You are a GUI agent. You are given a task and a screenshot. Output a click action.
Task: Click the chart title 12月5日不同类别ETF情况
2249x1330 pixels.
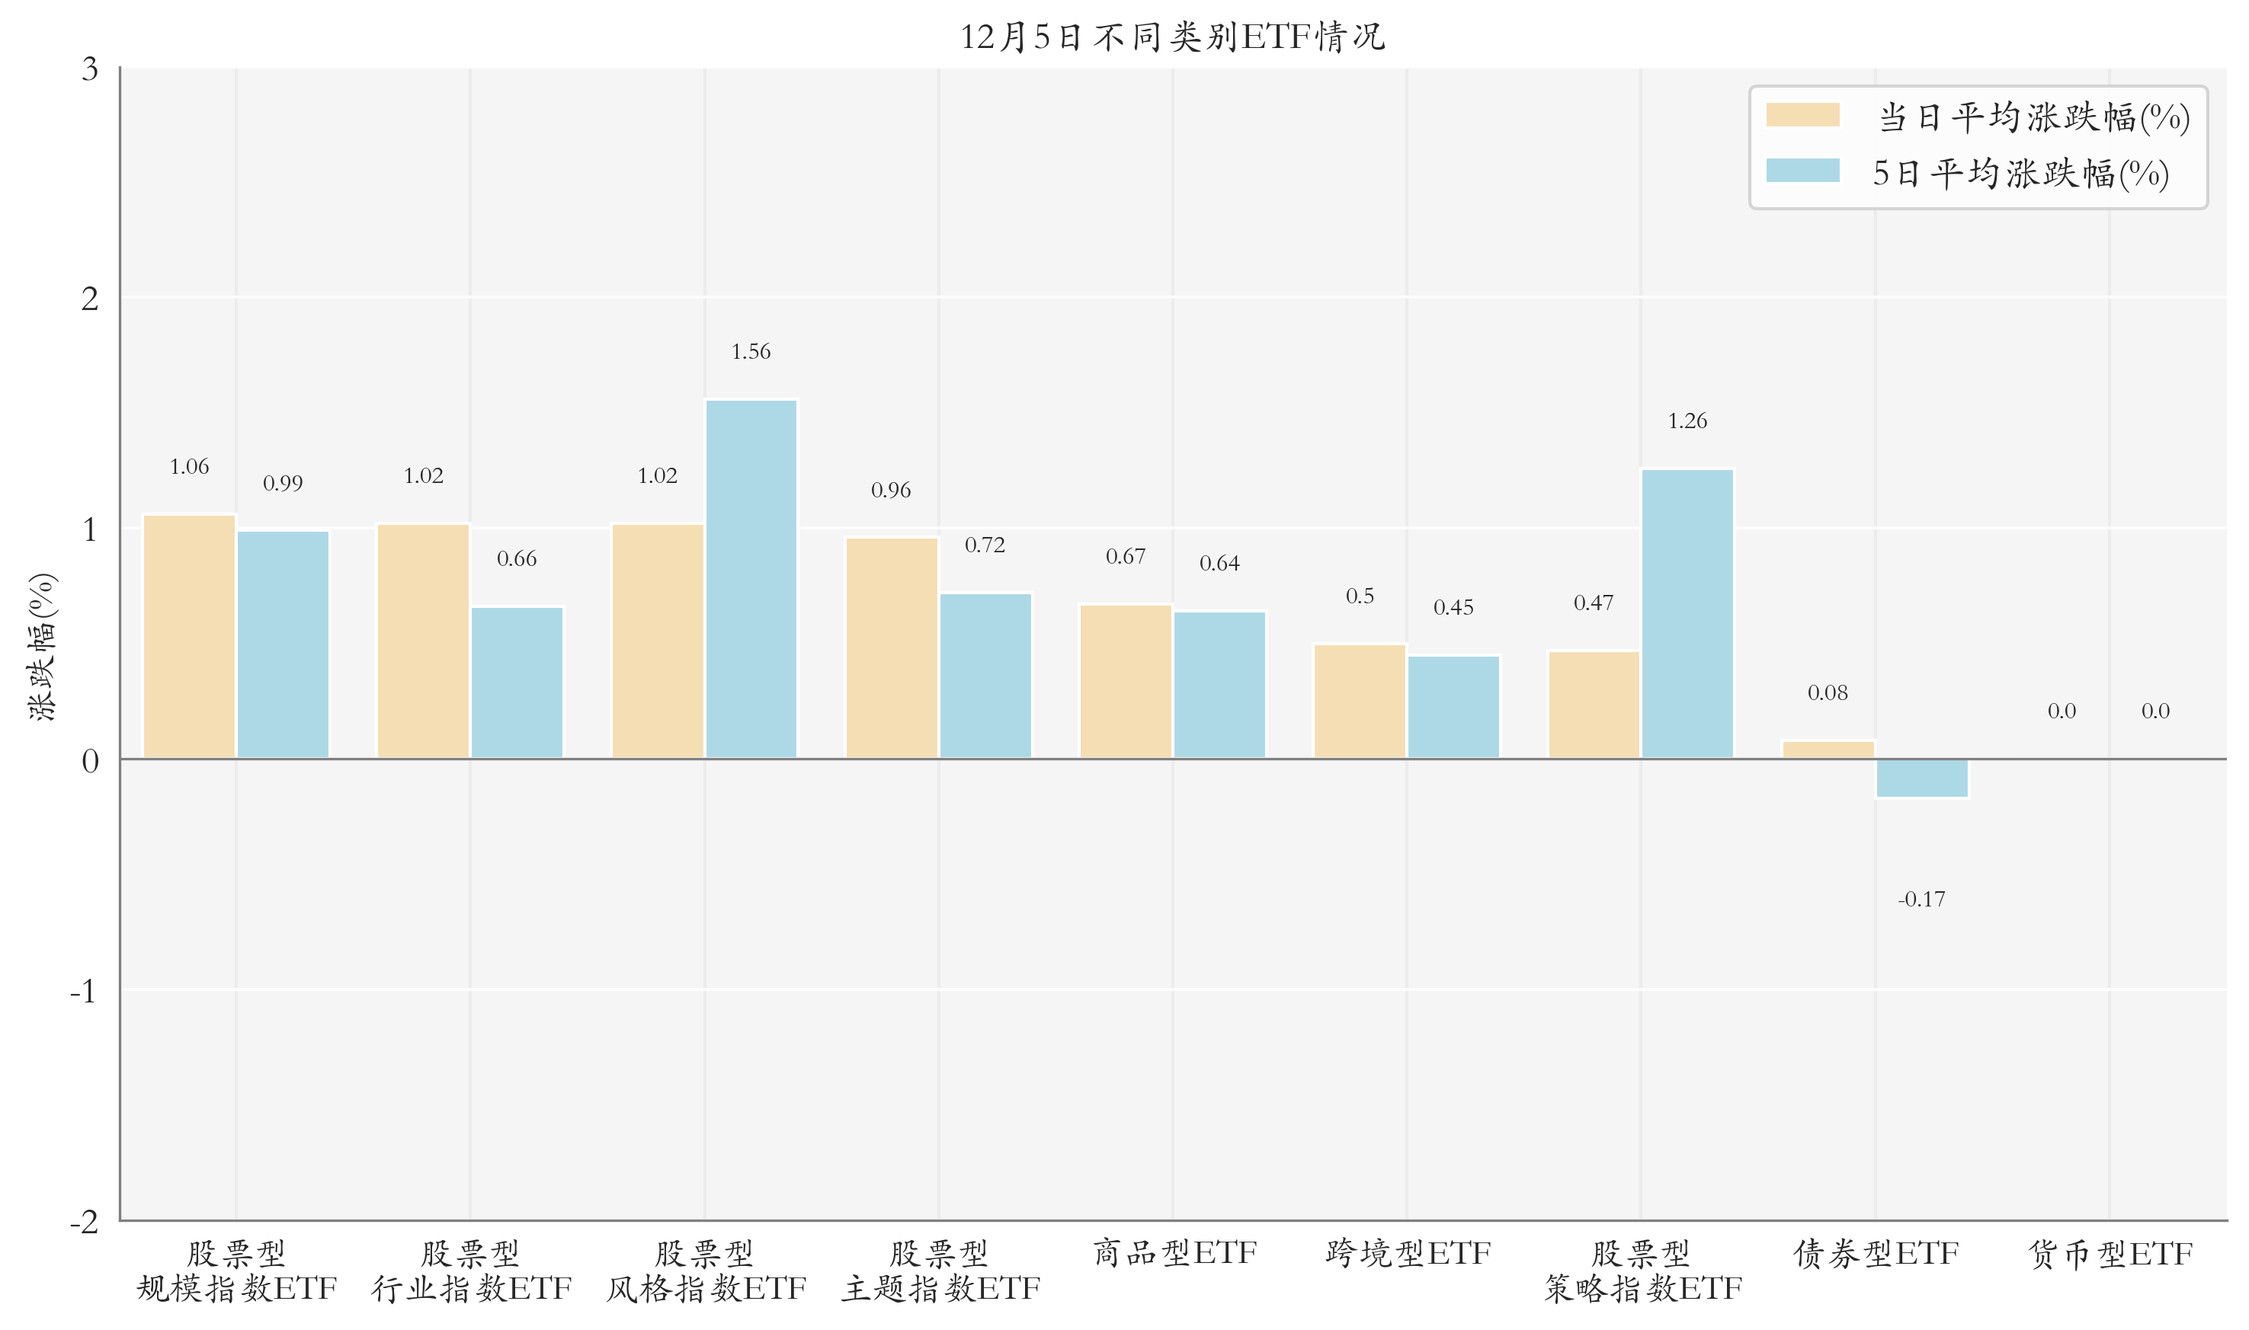point(1172,37)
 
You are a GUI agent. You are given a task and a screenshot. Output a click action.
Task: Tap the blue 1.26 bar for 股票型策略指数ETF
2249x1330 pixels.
point(1687,614)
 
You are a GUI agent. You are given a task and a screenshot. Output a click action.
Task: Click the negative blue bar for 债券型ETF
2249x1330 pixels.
point(1921,778)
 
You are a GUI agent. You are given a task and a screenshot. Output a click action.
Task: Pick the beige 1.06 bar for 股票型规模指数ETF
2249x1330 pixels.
point(189,636)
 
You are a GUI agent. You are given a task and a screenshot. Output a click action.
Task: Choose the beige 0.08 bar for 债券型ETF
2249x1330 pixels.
point(1828,750)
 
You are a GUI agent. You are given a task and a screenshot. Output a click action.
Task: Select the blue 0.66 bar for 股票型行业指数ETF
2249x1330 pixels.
point(516,682)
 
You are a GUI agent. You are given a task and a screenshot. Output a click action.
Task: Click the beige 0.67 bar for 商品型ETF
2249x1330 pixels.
point(1125,681)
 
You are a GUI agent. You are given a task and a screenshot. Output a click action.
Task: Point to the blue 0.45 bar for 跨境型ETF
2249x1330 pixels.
point(1453,707)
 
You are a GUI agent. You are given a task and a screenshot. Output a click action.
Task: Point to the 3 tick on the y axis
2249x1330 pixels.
point(90,69)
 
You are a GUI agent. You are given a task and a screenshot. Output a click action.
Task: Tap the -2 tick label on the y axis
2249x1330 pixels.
point(85,1220)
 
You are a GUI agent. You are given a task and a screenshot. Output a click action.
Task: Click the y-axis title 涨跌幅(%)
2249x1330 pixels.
point(42,646)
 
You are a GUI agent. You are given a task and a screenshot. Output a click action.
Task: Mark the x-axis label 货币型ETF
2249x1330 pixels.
point(2110,1253)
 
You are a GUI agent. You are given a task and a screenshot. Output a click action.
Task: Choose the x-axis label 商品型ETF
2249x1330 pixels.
point(1174,1253)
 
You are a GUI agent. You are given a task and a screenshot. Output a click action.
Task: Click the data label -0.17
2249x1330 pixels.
point(1921,899)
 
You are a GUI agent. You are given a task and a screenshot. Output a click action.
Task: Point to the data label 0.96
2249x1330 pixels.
point(890,491)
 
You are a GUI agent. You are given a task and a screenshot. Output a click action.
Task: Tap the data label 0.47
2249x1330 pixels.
point(1593,603)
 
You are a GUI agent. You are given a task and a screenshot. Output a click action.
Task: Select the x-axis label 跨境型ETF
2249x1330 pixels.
point(1408,1253)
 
